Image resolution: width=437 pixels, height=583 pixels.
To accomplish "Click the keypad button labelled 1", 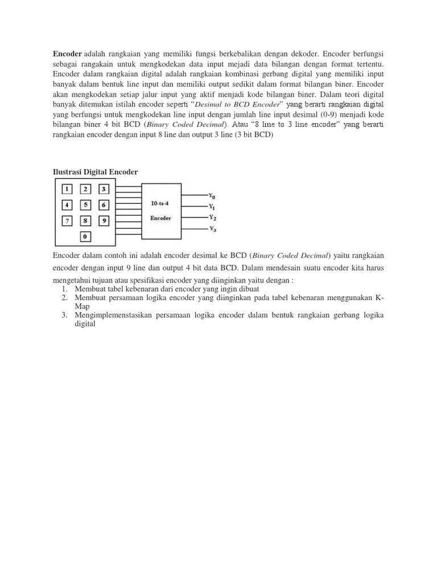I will (x=67, y=189).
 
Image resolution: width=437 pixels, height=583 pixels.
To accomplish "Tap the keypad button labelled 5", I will (x=85, y=205).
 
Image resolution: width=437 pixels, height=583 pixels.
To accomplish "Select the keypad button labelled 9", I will (x=104, y=220).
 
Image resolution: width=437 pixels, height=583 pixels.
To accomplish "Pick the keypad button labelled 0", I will (x=85, y=236).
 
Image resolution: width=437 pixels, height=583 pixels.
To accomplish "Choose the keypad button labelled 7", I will (x=67, y=220).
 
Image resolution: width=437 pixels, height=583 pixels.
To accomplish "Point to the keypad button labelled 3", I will (x=104, y=189).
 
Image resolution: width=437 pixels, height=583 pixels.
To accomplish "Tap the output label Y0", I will (x=212, y=195).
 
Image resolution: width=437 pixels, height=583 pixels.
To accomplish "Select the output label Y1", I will (x=212, y=206).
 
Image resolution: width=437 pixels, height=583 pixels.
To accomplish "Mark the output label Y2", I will (x=212, y=217).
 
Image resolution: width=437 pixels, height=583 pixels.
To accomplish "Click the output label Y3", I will (x=212, y=228).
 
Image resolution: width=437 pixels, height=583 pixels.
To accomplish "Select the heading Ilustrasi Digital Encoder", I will (x=95, y=172).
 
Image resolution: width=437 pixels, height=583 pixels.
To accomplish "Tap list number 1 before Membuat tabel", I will (x=64, y=289).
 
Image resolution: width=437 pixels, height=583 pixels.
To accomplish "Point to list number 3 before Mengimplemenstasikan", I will (x=64, y=315).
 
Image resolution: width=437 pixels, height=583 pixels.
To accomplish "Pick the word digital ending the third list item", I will (x=85, y=324).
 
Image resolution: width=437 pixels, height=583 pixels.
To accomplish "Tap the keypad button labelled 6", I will (x=104, y=205).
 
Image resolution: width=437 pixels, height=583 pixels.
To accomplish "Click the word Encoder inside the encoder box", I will (x=161, y=217).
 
